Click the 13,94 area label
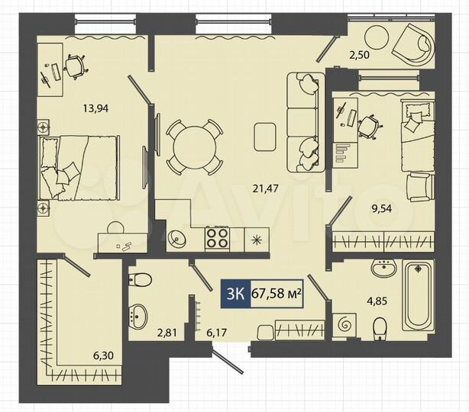(x=96, y=108)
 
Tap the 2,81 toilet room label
(x=166, y=332)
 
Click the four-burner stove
(x=217, y=238)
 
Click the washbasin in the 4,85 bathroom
(x=382, y=269)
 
